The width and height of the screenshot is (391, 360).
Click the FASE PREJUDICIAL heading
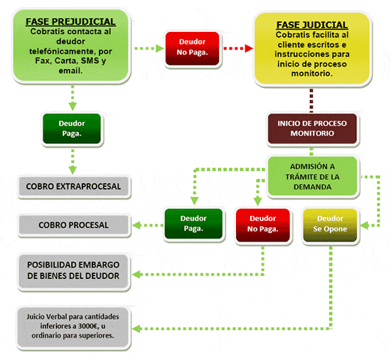70,22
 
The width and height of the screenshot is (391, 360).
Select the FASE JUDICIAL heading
312,25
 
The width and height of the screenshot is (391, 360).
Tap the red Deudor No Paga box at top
192,48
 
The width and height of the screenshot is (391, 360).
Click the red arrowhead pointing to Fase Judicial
249,48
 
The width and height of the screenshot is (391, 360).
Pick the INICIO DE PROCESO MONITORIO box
312,129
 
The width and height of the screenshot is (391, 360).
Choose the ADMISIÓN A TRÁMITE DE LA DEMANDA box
312,176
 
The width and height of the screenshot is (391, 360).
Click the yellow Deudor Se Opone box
330,226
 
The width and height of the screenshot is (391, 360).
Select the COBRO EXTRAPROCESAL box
73,186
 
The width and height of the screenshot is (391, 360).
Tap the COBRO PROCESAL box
73,225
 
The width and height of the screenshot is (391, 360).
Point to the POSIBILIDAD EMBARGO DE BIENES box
73,271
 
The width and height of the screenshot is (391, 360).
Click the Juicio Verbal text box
73,327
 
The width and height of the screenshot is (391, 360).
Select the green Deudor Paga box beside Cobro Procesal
193,224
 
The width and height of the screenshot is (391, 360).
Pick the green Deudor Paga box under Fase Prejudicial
72,129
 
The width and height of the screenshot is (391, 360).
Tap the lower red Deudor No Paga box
263,226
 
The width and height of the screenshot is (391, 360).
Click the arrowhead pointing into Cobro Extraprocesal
73,170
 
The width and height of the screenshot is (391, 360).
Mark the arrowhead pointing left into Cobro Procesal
136,225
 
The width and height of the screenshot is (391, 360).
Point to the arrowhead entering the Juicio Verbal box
136,329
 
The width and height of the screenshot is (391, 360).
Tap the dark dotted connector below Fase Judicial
311,100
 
